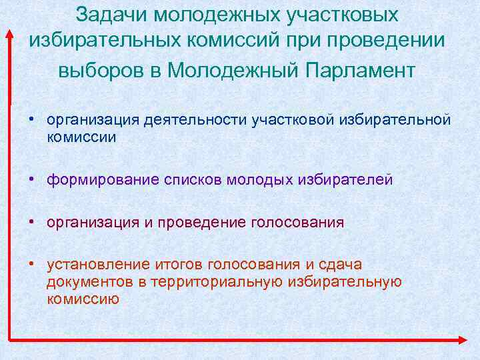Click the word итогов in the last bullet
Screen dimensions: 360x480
pyautogui.click(x=173, y=265)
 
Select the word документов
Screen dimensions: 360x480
pyautogui.click(x=89, y=281)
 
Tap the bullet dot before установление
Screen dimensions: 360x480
pyautogui.click(x=31, y=265)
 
